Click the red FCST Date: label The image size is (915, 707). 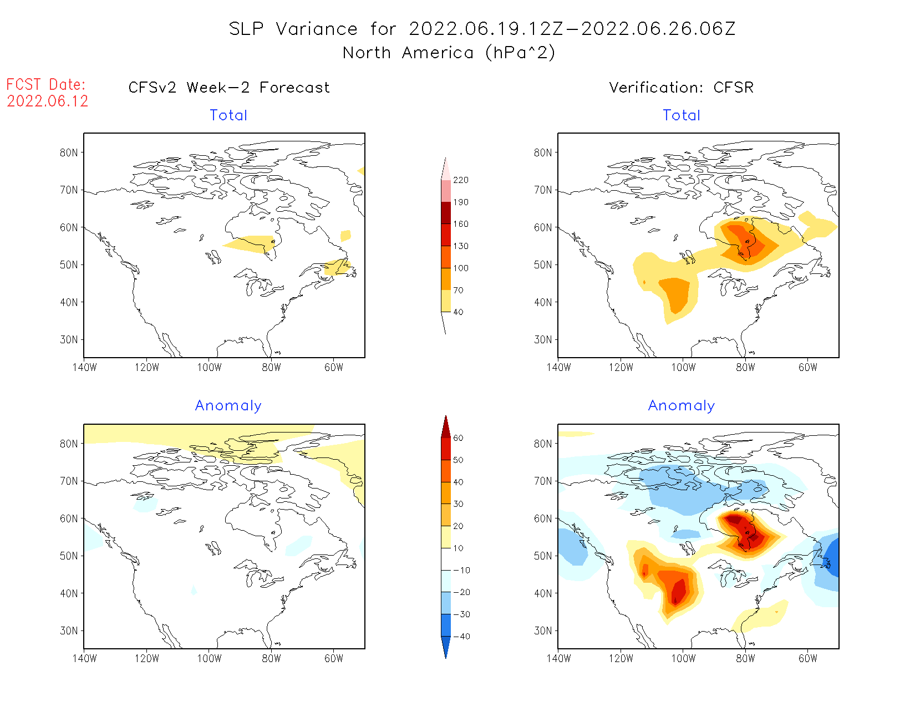click(x=46, y=85)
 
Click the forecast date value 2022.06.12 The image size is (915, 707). click(x=48, y=101)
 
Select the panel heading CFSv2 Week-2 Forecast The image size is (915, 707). click(x=229, y=88)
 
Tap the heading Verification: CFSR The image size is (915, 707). click(x=682, y=88)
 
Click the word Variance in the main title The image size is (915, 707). click(x=317, y=29)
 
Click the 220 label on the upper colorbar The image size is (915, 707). click(x=461, y=180)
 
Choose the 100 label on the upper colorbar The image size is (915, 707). click(x=461, y=268)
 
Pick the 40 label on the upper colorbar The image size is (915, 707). click(x=459, y=312)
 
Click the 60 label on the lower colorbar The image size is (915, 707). click(x=459, y=438)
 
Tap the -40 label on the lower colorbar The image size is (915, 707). click(x=461, y=637)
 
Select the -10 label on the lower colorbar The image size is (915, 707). click(x=461, y=571)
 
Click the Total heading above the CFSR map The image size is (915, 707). click(x=682, y=115)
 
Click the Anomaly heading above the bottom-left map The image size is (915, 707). click(x=228, y=406)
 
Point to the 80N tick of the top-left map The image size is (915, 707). click(x=69, y=153)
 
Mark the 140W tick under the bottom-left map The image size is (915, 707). click(x=84, y=659)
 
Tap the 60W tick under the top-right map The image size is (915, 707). click(x=808, y=368)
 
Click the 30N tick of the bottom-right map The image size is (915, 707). click(x=543, y=631)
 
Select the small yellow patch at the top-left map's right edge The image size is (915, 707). click(x=362, y=171)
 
